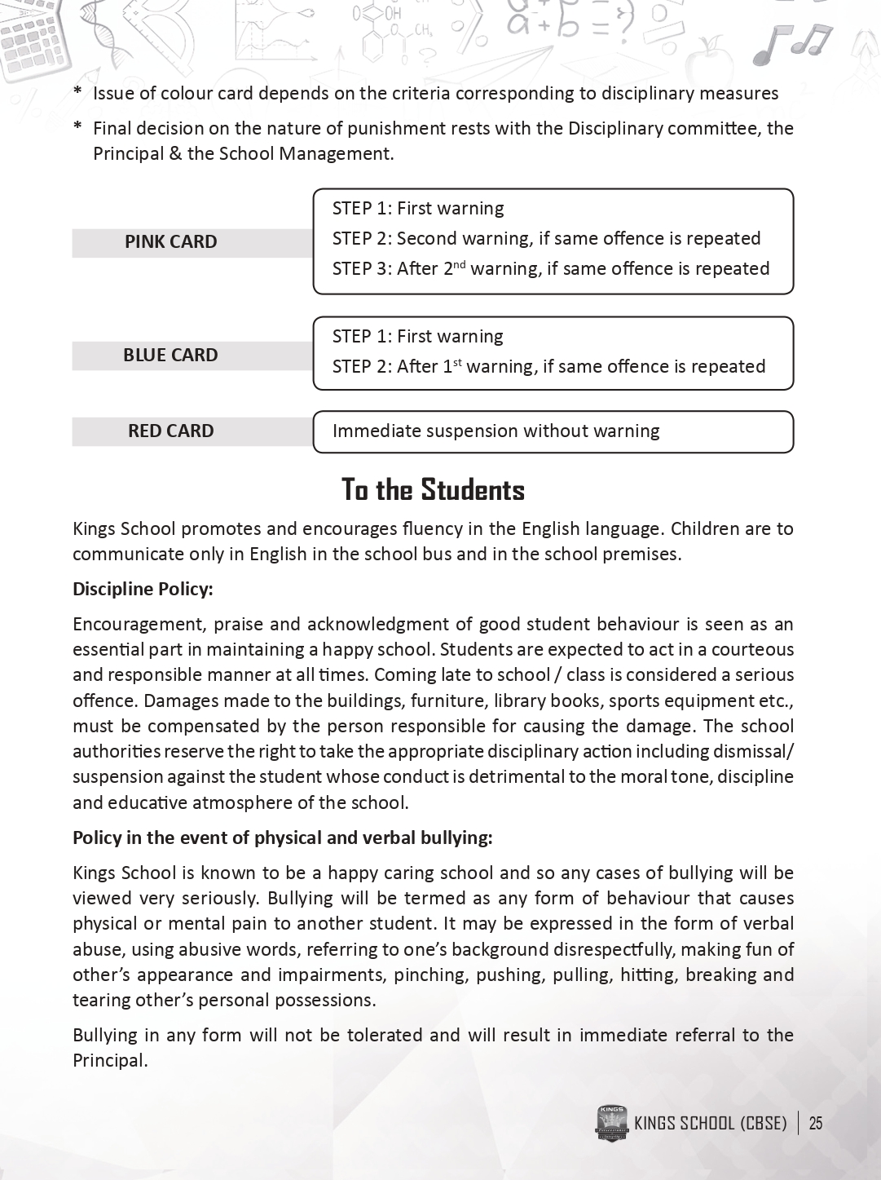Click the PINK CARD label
coord(171,242)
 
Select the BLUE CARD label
coord(170,356)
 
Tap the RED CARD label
coord(170,431)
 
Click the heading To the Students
coord(433,490)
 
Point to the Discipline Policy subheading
coord(143,589)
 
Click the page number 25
coord(816,1124)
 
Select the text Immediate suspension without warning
coord(496,431)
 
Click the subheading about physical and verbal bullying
coord(283,837)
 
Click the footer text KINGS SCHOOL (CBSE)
coord(710,1124)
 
